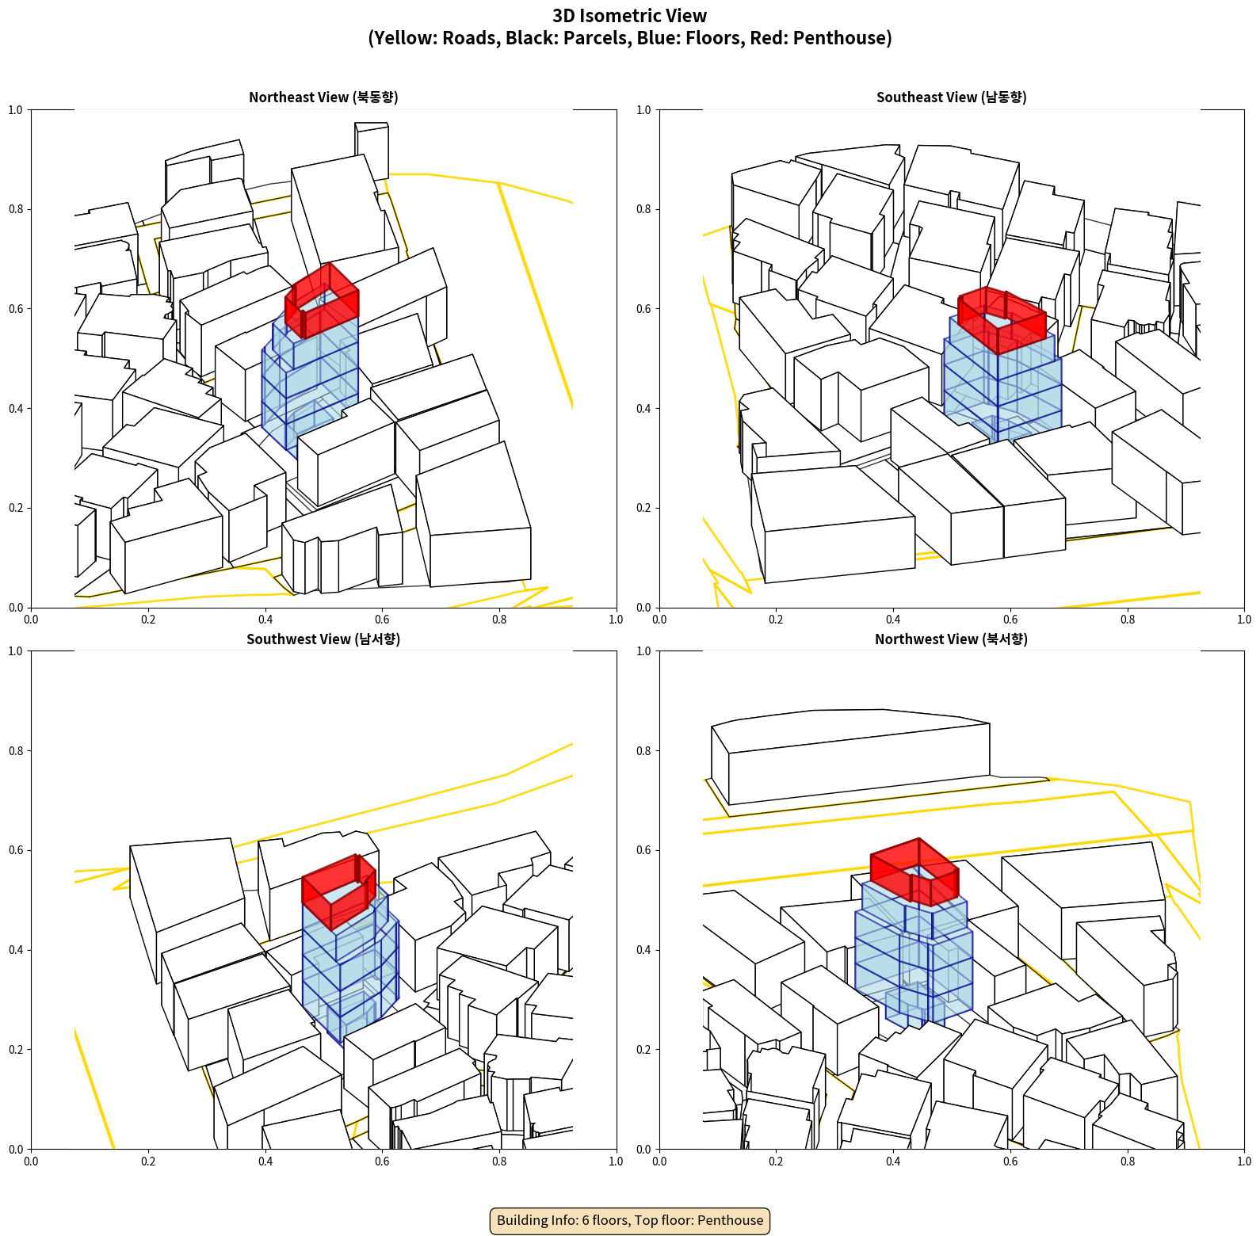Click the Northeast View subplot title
click(323, 97)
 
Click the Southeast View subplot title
click(951, 97)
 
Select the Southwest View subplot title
click(323, 639)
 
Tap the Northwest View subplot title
click(951, 639)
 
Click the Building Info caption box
click(630, 1220)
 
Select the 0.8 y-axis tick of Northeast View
click(16, 209)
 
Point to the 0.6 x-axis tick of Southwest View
click(382, 1162)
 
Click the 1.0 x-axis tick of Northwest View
click(1244, 1162)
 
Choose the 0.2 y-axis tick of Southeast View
click(644, 508)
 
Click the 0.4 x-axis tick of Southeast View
click(893, 620)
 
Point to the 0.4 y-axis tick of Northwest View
click(644, 950)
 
